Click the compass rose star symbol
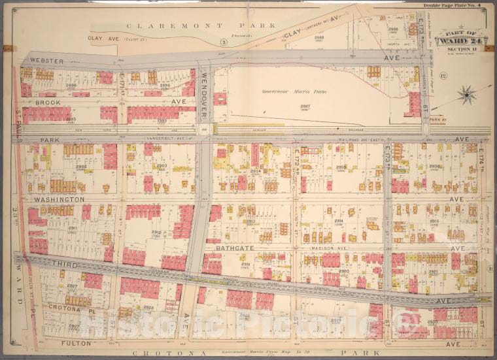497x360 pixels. point(466,95)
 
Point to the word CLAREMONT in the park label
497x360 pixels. point(153,25)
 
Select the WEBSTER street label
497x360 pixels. point(46,61)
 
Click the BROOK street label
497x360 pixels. point(48,103)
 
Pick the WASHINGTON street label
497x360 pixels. point(60,199)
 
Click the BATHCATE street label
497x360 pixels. point(228,248)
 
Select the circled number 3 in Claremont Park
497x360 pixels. point(223,42)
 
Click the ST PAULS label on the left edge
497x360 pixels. point(17,124)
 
